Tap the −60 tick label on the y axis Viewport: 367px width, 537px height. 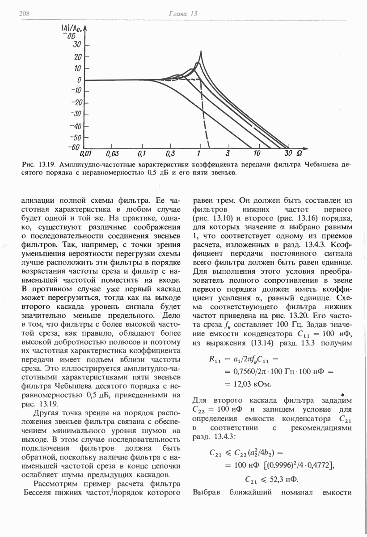click(x=75, y=148)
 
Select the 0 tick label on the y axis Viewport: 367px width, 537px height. click(x=79, y=80)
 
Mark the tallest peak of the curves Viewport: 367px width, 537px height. click(x=201, y=52)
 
